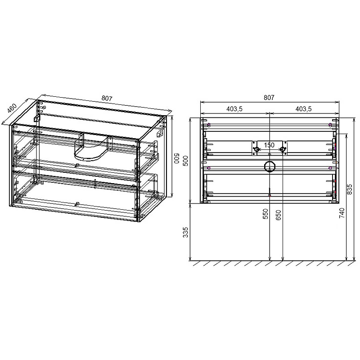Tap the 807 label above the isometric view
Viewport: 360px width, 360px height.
click(107, 99)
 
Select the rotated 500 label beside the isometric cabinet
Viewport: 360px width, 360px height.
click(178, 160)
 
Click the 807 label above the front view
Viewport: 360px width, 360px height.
click(269, 97)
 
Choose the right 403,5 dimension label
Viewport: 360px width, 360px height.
click(303, 109)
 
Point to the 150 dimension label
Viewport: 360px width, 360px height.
click(269, 144)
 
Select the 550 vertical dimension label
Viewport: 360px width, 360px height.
click(265, 214)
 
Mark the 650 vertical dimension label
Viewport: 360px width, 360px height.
click(279, 214)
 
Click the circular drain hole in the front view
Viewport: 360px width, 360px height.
click(269, 166)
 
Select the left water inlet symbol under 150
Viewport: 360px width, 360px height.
click(256, 149)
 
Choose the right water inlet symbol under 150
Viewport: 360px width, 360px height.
click(282, 149)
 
